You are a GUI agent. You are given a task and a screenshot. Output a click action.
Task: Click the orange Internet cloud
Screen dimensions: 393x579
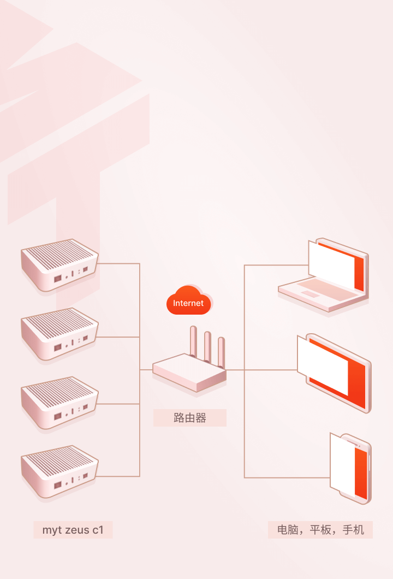pyautogui.click(x=189, y=300)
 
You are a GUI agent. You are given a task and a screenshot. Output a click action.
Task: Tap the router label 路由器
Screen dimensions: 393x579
pyautogui.click(x=189, y=418)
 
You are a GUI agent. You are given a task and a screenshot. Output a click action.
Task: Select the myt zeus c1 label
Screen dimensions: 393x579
pyautogui.click(x=73, y=530)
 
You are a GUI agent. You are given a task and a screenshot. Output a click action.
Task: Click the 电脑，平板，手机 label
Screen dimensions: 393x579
pyautogui.click(x=320, y=530)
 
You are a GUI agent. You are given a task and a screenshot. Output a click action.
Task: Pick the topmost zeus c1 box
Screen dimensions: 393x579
pyautogui.click(x=59, y=265)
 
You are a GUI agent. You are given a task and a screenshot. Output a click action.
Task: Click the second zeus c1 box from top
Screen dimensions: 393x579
pyautogui.click(x=59, y=334)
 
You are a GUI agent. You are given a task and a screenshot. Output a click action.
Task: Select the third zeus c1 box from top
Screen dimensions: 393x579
pyautogui.click(x=59, y=403)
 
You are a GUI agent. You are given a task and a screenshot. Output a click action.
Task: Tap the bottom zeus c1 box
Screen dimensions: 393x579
pyautogui.click(x=59, y=471)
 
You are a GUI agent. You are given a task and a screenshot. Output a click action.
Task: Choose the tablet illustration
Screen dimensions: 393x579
pyautogui.click(x=335, y=373)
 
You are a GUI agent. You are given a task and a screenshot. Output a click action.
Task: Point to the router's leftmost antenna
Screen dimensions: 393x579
pyautogui.click(x=193, y=341)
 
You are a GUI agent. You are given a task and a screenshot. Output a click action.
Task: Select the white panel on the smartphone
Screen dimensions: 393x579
pyautogui.click(x=342, y=466)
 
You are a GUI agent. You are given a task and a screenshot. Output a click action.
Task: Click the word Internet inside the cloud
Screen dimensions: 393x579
pyautogui.click(x=188, y=303)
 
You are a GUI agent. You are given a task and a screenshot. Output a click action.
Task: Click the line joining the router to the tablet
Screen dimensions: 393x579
pyautogui.click(x=261, y=370)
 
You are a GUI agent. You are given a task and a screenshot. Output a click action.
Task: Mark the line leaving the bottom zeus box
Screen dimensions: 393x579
pyautogui.click(x=118, y=476)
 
